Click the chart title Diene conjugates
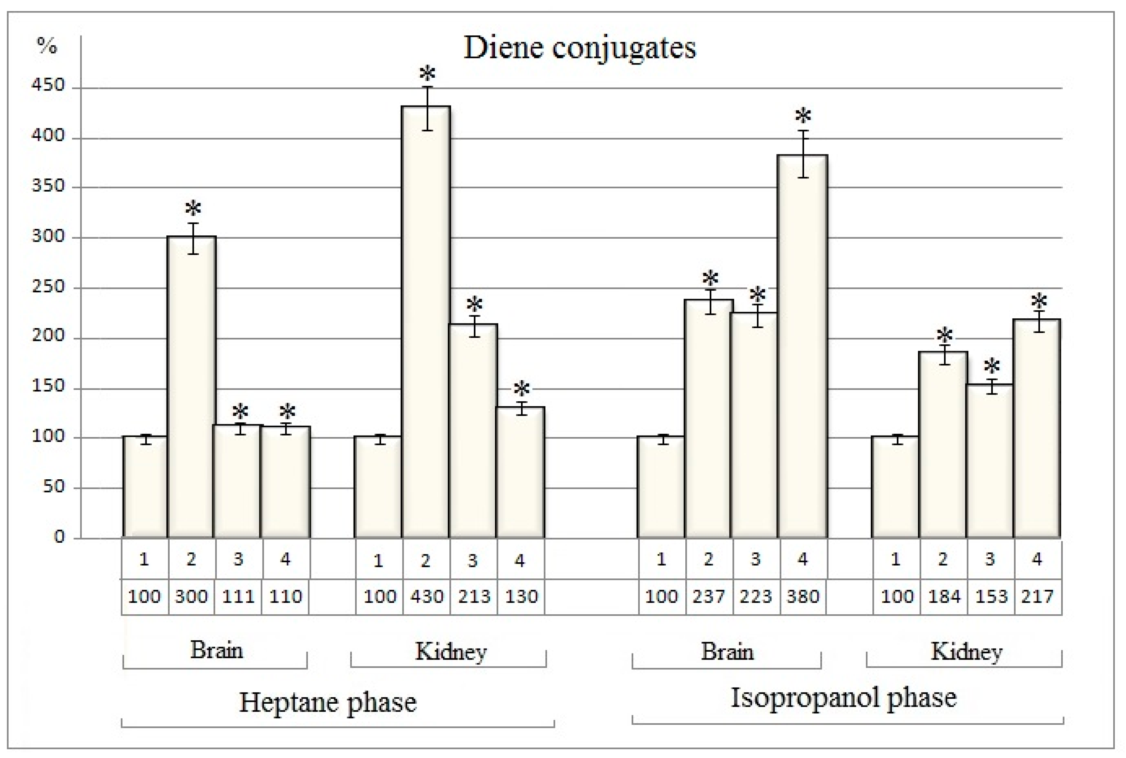click(x=579, y=48)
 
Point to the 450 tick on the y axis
click(x=48, y=86)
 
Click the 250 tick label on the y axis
click(x=48, y=287)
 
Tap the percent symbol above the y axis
click(x=47, y=46)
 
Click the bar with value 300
click(x=191, y=387)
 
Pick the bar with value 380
click(x=803, y=346)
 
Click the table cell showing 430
click(x=427, y=597)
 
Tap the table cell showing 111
click(x=239, y=597)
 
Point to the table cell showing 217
click(x=1037, y=597)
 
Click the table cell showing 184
click(x=944, y=597)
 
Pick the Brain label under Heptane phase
click(x=216, y=650)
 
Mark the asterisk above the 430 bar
click(x=427, y=74)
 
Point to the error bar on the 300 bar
click(x=193, y=238)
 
